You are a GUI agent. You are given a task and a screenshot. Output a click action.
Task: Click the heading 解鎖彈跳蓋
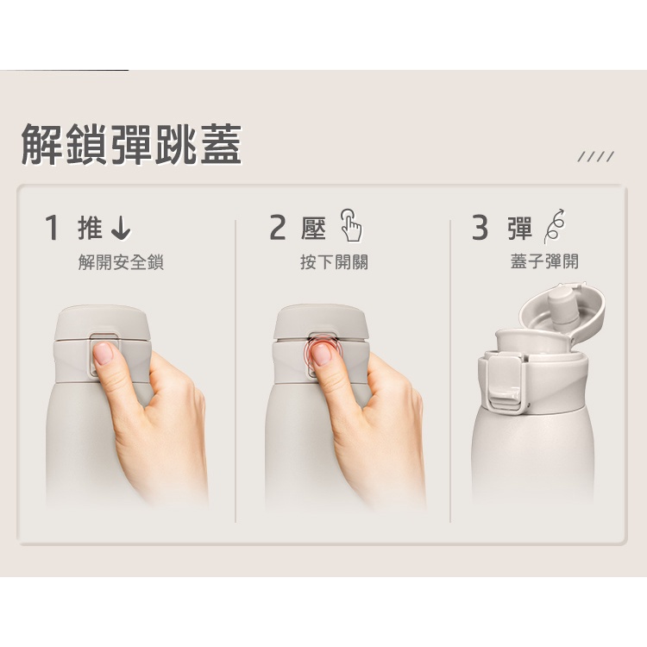click(x=131, y=144)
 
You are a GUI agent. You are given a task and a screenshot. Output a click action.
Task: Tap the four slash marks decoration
click(x=596, y=157)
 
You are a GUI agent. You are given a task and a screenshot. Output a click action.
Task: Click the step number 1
click(x=52, y=228)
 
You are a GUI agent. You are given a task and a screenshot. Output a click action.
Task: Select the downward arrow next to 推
click(x=121, y=229)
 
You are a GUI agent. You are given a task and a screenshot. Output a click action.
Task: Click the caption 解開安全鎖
click(x=121, y=262)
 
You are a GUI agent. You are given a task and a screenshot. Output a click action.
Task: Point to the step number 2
click(x=278, y=228)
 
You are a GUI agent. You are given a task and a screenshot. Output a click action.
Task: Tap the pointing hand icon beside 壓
click(x=351, y=225)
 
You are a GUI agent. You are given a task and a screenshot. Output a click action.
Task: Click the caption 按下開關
click(x=334, y=262)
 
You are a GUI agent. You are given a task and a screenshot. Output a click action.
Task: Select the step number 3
click(x=480, y=228)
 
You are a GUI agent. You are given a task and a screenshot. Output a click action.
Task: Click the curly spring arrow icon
click(x=554, y=226)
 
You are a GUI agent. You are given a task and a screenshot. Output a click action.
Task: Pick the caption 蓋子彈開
click(x=544, y=261)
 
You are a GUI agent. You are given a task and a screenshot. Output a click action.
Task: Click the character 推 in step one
click(x=90, y=228)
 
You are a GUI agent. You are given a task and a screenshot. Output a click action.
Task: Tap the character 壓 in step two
click(x=314, y=228)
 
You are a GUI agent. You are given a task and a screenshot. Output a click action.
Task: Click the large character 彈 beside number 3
click(x=520, y=228)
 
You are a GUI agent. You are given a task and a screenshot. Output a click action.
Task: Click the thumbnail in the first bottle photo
click(x=103, y=353)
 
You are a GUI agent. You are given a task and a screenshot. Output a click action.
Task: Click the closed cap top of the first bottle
click(x=103, y=323)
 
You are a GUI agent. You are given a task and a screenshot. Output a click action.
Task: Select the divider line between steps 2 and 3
click(x=450, y=371)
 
